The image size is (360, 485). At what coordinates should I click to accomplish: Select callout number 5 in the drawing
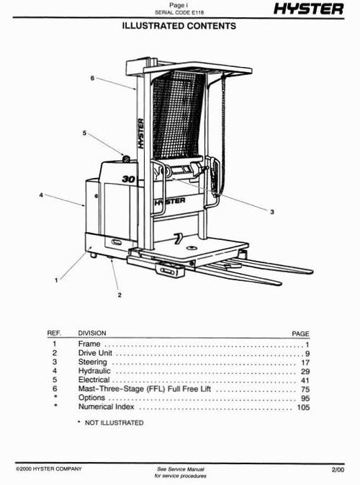pos(84,133)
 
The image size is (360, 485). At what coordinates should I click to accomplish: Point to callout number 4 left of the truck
pos(40,195)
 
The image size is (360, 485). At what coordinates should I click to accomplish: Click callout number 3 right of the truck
pos(273,212)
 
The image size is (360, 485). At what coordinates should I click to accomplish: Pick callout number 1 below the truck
pos(56,280)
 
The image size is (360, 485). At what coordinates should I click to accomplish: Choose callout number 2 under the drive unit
pos(120,294)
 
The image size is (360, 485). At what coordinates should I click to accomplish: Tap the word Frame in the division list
pos(89,345)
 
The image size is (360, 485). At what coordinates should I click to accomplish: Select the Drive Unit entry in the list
pos(96,354)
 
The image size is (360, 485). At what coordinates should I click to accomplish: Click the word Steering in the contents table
pos(92,362)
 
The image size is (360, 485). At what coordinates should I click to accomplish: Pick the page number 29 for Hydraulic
pos(304,371)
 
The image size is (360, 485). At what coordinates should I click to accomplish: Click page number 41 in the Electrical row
pos(304,380)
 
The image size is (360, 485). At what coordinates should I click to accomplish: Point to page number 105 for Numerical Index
pos(302,406)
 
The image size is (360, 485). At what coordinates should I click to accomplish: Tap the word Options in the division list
pos(91,398)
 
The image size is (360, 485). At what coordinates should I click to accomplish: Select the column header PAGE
pos(300,334)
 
